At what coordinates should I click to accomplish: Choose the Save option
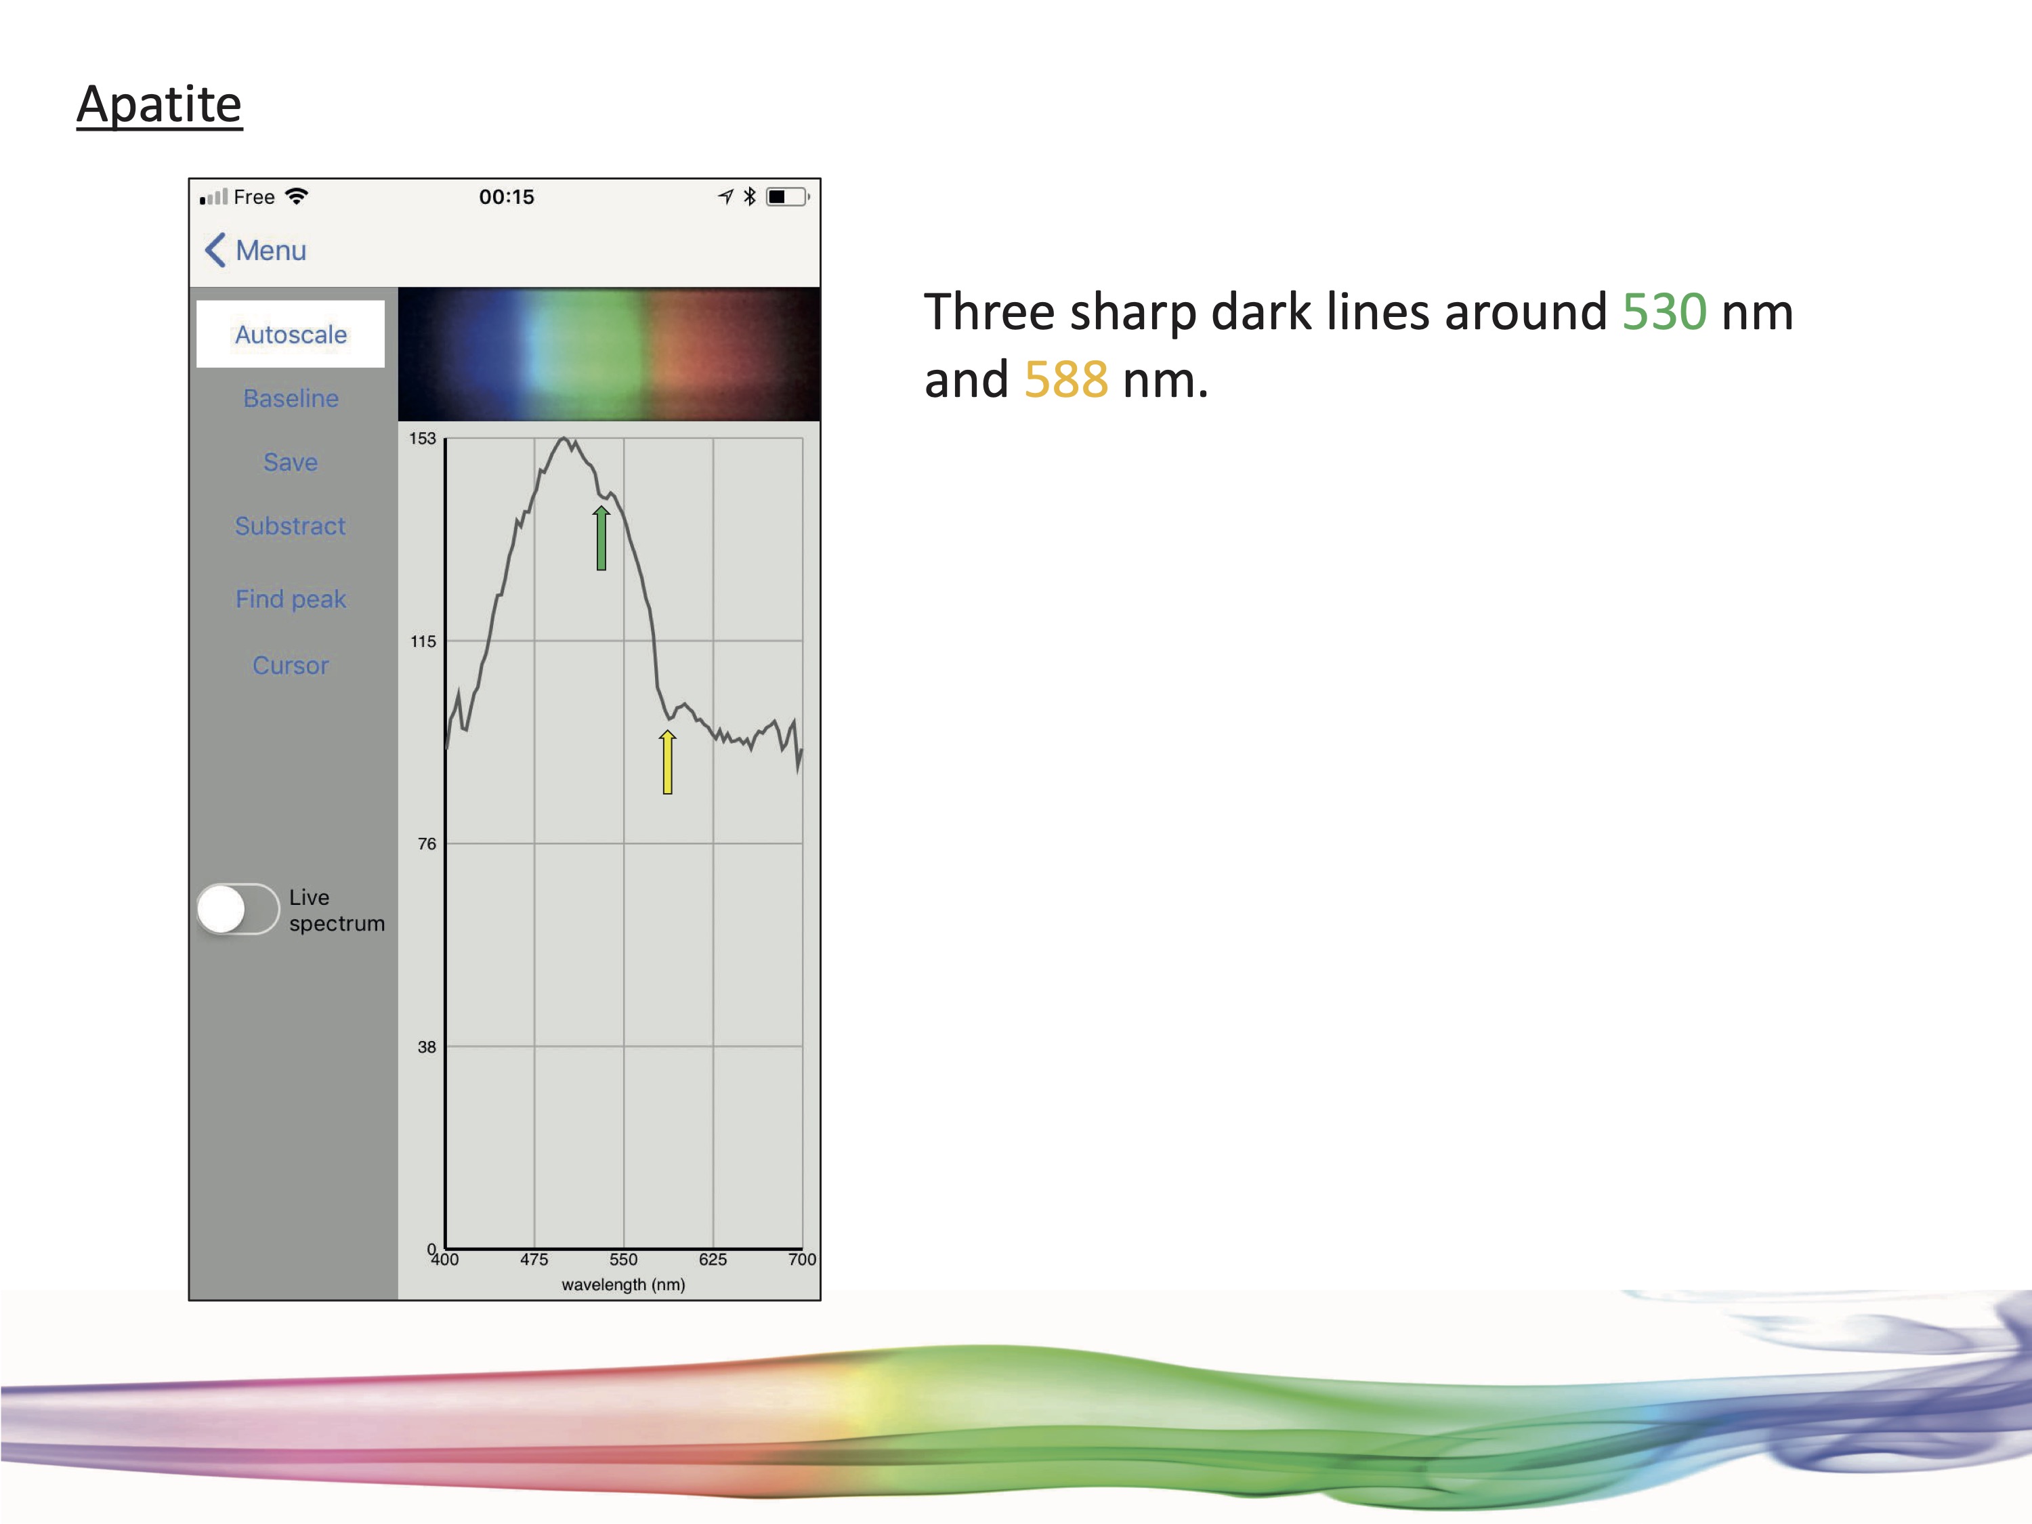point(291,461)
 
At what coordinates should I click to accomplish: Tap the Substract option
point(291,526)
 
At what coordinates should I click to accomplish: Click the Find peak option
point(291,599)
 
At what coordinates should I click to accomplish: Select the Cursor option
point(291,665)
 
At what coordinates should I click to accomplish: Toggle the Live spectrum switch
point(238,910)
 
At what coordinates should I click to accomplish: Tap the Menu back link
point(255,250)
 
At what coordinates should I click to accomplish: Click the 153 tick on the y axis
point(423,438)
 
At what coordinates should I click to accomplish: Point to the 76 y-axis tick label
point(427,843)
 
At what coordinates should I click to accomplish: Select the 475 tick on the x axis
point(534,1259)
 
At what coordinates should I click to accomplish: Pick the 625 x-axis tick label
point(713,1259)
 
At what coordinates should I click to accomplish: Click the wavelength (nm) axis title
point(624,1284)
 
